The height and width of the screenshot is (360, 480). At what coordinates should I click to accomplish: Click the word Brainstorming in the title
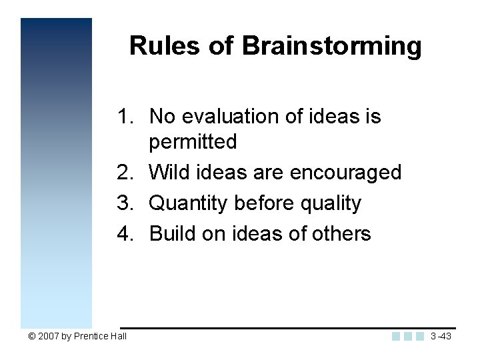click(x=331, y=47)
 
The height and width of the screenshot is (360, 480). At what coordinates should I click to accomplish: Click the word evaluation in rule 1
click(x=223, y=117)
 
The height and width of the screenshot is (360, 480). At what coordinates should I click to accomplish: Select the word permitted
click(x=193, y=142)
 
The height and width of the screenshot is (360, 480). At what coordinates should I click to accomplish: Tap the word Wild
click(x=167, y=173)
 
